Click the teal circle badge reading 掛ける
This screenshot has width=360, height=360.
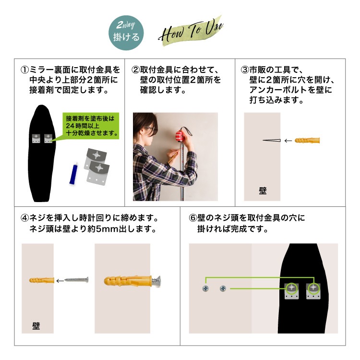[x=126, y=33]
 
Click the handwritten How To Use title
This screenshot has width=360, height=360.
[x=191, y=32]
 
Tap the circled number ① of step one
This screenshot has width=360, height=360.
[x=25, y=70]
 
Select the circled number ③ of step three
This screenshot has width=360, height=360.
[x=245, y=70]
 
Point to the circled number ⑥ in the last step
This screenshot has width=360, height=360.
[x=193, y=218]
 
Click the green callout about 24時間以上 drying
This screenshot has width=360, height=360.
[x=91, y=126]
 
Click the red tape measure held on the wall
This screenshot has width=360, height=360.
[x=181, y=135]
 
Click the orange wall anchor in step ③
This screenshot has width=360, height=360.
[x=307, y=140]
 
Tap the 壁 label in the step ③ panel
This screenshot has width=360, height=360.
[x=263, y=191]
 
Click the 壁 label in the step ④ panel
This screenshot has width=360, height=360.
[x=36, y=326]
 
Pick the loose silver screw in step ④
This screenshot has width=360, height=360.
[x=76, y=280]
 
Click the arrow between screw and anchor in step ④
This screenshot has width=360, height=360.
[x=60, y=281]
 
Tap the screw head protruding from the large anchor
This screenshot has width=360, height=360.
[x=156, y=281]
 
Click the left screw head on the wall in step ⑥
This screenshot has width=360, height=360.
[x=205, y=288]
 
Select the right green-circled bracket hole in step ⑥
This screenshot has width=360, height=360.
[x=313, y=288]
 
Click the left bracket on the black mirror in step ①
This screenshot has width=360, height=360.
[x=36, y=138]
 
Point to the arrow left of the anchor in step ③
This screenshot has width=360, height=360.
[x=288, y=141]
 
